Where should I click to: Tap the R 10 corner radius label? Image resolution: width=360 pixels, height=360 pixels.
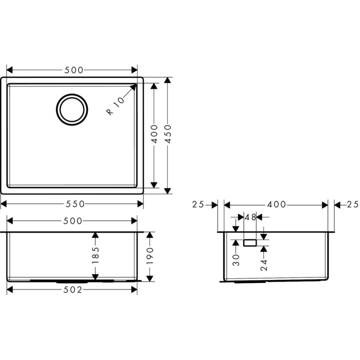[x=115, y=106]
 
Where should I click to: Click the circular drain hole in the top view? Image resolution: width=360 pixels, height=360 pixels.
[x=72, y=109]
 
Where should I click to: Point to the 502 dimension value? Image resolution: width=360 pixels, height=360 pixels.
[x=73, y=290]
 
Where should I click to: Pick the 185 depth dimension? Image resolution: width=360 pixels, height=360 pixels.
[x=95, y=255]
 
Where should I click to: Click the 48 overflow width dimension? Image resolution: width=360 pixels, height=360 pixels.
[x=250, y=217]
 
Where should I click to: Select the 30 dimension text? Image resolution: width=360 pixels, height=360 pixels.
[x=236, y=259]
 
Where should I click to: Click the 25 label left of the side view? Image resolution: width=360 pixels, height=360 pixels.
[x=198, y=204]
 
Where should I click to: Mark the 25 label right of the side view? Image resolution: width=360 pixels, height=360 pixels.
[x=352, y=204]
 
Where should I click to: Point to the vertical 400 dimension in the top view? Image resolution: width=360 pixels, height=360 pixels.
[x=154, y=134]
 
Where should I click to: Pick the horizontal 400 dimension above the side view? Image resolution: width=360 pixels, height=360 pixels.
[x=276, y=204]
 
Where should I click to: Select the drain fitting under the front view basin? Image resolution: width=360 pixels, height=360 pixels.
[x=72, y=281]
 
